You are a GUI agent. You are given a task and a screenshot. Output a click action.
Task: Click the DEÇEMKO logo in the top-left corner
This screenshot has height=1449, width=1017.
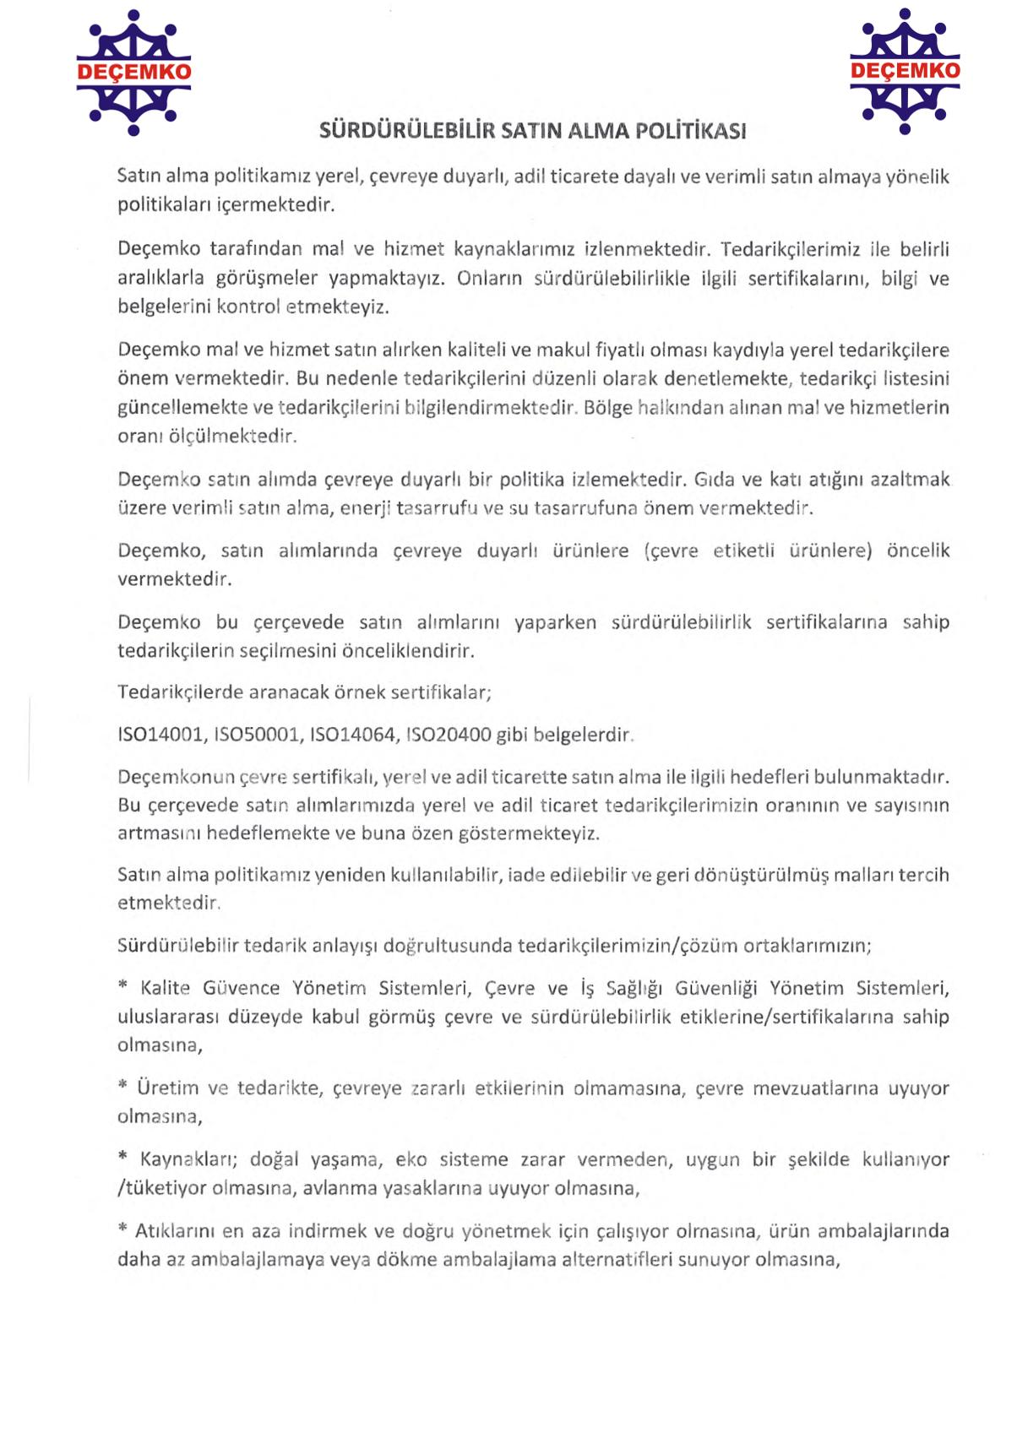(x=133, y=73)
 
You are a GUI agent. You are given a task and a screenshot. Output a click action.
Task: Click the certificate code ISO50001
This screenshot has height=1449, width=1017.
(x=257, y=735)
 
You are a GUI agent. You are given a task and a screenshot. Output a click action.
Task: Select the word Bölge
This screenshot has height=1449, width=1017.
(x=607, y=408)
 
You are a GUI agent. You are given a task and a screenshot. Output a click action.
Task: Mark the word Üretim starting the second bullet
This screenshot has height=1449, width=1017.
(x=167, y=1088)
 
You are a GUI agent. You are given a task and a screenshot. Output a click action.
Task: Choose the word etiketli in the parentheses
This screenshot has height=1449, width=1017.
(x=743, y=551)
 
